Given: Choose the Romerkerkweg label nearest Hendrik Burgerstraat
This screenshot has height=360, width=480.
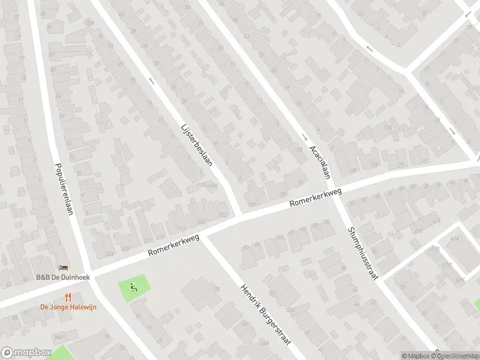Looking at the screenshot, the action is tap(173, 247).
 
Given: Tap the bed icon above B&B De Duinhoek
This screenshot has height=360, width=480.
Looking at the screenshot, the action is tap(62, 268).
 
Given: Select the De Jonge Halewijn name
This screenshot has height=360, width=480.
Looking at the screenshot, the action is tap(68, 307).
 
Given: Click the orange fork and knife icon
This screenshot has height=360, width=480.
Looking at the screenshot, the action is tap(68, 297).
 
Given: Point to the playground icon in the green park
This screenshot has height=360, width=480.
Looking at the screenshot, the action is tap(134, 287).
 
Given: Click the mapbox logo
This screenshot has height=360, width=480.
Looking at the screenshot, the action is tap(26, 353).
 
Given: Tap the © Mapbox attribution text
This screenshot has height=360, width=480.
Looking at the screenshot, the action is tap(418, 356).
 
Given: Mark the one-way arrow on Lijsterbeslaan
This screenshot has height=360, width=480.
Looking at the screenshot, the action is tap(151, 80).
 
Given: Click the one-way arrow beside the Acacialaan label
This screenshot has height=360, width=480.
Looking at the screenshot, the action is tap(304, 136).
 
